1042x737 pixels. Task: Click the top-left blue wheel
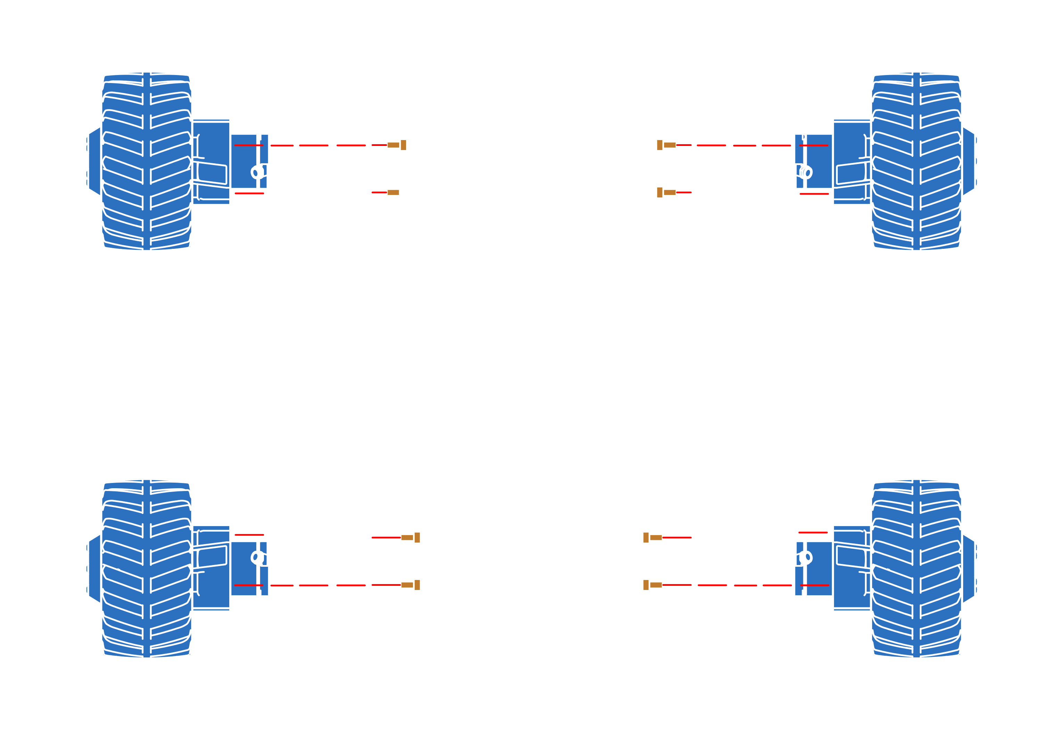point(146,161)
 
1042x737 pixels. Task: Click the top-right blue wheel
point(916,161)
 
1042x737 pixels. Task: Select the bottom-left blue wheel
point(146,568)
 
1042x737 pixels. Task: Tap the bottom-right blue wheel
point(916,568)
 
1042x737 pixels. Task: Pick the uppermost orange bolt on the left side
point(397,145)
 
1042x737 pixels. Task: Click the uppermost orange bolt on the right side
point(666,145)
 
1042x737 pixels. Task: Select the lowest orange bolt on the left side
point(410,585)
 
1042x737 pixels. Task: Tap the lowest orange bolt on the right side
point(653,585)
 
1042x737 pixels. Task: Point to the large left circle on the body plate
point(454,354)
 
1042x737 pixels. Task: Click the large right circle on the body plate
point(609,354)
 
